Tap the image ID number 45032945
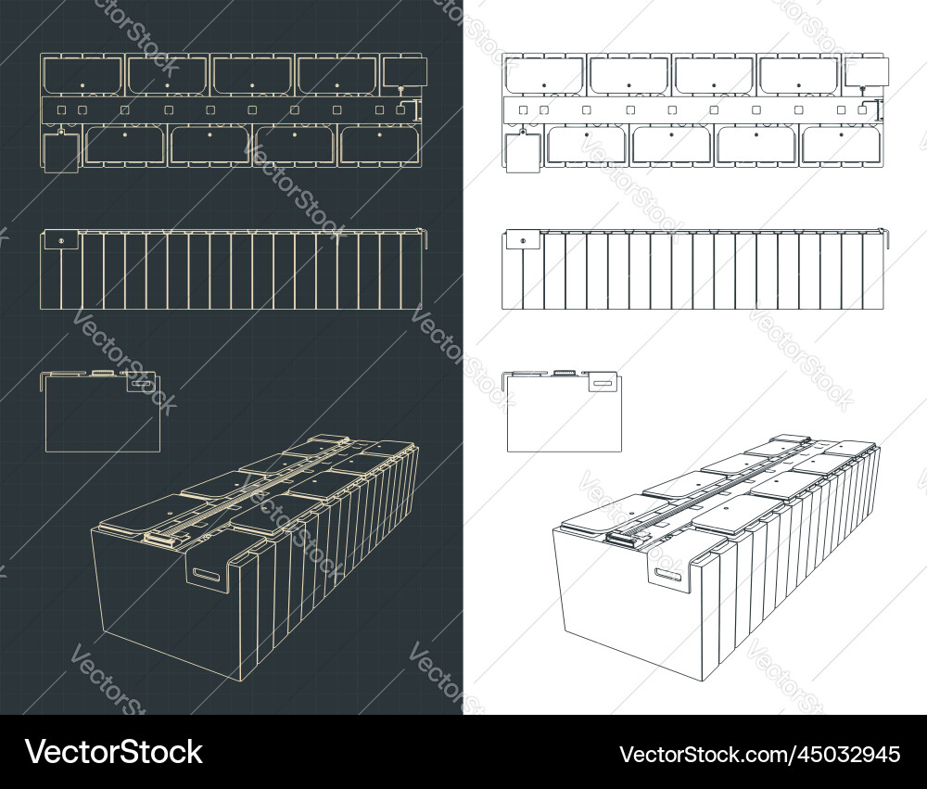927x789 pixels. [x=759, y=753]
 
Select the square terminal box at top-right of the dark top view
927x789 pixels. [x=405, y=71]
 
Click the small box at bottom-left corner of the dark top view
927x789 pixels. [x=61, y=154]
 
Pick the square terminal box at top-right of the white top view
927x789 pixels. [x=867, y=71]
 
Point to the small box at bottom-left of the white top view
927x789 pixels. [x=522, y=154]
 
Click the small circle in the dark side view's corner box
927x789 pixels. [x=61, y=242]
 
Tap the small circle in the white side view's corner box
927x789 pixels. [x=522, y=242]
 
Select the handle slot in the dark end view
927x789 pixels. [x=142, y=380]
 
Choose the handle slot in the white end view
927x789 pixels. [x=603, y=380]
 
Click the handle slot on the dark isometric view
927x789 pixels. [x=208, y=575]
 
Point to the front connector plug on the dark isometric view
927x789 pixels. [x=159, y=537]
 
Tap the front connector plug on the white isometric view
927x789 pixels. [x=620, y=537]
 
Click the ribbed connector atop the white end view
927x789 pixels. [x=564, y=372]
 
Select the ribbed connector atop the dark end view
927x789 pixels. [x=102, y=372]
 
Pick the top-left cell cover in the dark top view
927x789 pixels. [x=83, y=75]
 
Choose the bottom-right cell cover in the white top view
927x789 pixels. [x=841, y=145]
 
